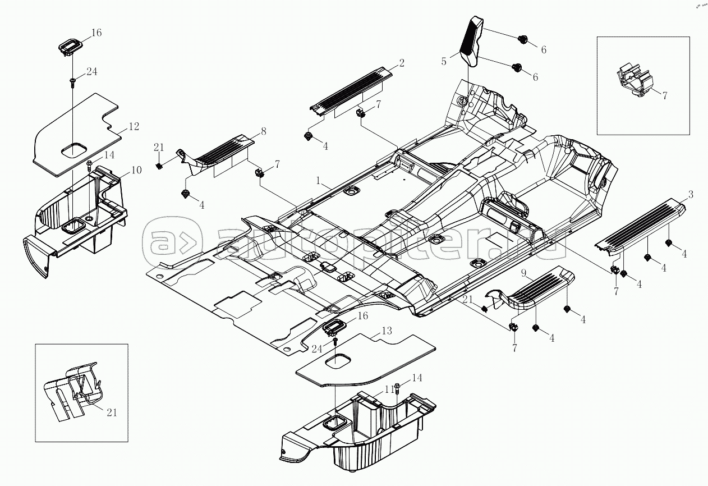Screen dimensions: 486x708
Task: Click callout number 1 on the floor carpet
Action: (318, 181)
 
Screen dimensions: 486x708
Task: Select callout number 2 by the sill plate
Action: (402, 62)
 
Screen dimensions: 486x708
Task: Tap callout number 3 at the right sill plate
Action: (691, 194)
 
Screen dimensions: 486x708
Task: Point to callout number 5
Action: (444, 61)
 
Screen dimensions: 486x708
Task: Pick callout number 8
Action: (263, 132)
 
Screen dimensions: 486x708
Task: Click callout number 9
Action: (523, 274)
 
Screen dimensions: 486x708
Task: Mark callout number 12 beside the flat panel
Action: (133, 126)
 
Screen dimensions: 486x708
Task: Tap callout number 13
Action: (387, 331)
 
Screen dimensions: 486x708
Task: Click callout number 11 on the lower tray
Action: (386, 389)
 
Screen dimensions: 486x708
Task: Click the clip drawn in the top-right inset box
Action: (634, 82)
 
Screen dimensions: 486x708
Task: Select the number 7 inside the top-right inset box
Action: (665, 95)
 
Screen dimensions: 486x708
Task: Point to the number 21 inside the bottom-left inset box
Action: (112, 412)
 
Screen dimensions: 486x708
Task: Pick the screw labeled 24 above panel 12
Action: (73, 82)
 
